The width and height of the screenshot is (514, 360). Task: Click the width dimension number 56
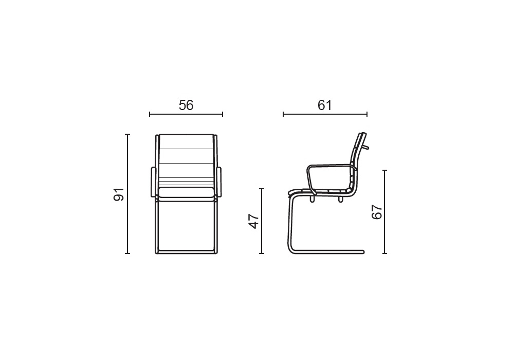pos(186,105)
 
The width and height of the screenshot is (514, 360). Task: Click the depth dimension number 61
pos(325,105)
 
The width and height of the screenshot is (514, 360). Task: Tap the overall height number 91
pos(119,194)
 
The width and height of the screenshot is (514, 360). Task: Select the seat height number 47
pos(254,221)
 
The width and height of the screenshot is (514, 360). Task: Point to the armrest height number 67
pos(377,212)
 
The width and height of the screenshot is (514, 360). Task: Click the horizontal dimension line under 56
pos(186,114)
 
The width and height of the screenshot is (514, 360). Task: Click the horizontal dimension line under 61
pos(325,114)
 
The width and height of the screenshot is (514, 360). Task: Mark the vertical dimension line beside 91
pos(128,194)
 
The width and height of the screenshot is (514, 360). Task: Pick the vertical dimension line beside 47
pos(262,221)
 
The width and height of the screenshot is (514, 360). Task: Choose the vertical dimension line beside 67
pos(385,212)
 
